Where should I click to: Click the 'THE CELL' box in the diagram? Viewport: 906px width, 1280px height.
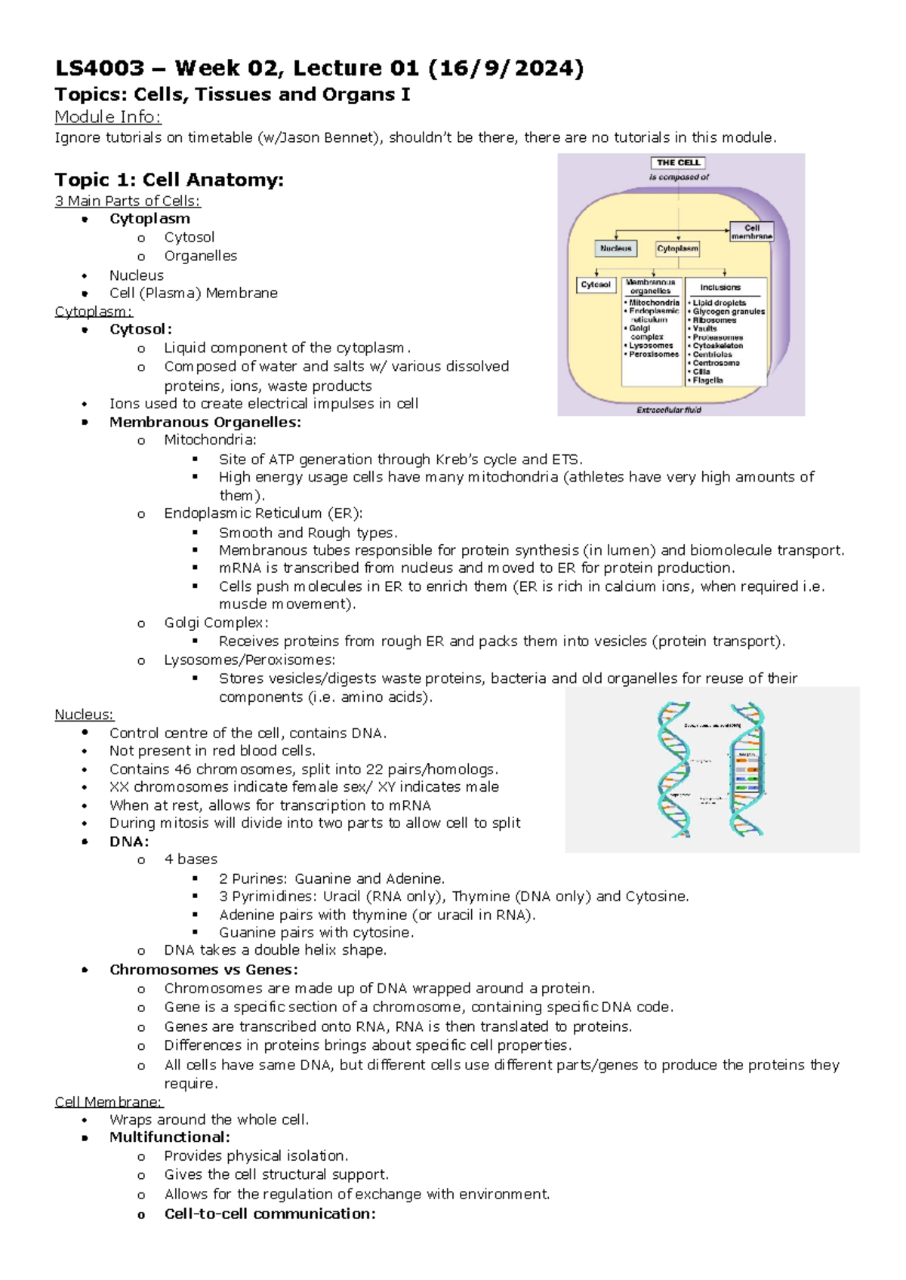(678, 162)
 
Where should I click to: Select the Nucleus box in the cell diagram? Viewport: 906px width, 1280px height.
(615, 248)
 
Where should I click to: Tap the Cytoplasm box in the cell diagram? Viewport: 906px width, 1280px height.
(677, 248)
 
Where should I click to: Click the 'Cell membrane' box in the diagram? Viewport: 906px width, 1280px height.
(751, 232)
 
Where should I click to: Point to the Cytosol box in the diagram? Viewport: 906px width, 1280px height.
(596, 285)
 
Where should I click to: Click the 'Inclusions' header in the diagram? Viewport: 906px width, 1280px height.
(720, 288)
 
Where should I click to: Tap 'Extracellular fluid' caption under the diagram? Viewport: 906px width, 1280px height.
(669, 410)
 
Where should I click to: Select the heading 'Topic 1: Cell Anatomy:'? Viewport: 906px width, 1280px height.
(169, 180)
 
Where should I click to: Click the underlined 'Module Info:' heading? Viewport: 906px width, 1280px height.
(108, 117)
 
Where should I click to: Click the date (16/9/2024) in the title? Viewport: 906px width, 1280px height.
(506, 69)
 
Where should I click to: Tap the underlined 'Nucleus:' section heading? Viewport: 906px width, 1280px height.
(84, 714)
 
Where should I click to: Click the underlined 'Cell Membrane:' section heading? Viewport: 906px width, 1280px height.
(109, 1102)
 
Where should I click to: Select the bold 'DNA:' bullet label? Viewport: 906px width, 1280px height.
(129, 842)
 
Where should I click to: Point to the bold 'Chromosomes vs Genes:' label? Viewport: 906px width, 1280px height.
(203, 969)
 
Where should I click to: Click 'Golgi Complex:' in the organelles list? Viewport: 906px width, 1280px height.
(216, 623)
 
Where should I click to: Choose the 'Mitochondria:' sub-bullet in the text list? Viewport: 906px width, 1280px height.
(210, 440)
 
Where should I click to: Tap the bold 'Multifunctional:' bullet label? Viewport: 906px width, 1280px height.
(169, 1137)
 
